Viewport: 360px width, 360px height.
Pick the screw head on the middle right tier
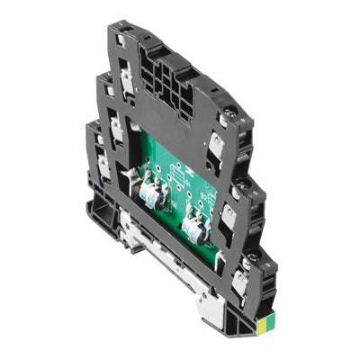[x=245, y=193]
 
